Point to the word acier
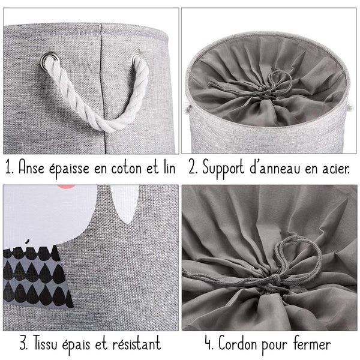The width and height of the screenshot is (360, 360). click(x=334, y=168)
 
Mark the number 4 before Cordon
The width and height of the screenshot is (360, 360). click(x=208, y=344)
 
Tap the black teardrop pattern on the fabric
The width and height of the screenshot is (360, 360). click(x=36, y=276)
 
